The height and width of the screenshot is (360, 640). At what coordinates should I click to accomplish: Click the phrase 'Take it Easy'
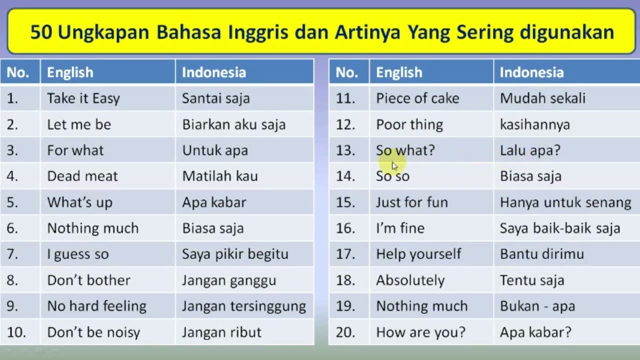click(83, 98)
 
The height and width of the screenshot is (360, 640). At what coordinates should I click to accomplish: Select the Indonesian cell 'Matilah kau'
click(220, 176)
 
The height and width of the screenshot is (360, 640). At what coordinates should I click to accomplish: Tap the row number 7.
click(12, 254)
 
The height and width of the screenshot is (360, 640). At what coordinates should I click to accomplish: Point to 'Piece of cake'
click(417, 98)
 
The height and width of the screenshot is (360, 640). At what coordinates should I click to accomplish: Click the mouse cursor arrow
click(394, 166)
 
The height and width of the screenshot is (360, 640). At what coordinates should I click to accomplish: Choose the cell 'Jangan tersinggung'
click(244, 306)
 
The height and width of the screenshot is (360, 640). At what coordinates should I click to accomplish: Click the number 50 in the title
click(41, 31)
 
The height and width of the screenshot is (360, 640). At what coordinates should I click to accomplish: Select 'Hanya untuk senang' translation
click(565, 202)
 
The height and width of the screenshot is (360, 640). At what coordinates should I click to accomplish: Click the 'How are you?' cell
click(421, 332)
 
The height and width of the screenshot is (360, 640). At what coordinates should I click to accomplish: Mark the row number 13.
click(345, 150)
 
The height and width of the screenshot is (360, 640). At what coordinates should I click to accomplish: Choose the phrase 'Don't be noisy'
click(93, 332)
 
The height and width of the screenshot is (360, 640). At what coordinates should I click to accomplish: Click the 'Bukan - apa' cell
click(537, 306)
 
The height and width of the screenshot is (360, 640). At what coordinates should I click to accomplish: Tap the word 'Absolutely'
click(410, 280)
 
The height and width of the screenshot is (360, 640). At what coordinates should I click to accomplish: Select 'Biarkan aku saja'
click(234, 124)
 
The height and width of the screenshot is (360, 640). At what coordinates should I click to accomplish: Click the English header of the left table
click(70, 72)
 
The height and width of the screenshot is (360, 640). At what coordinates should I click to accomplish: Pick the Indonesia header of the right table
click(531, 72)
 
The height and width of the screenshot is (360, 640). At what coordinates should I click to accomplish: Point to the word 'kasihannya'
click(535, 125)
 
